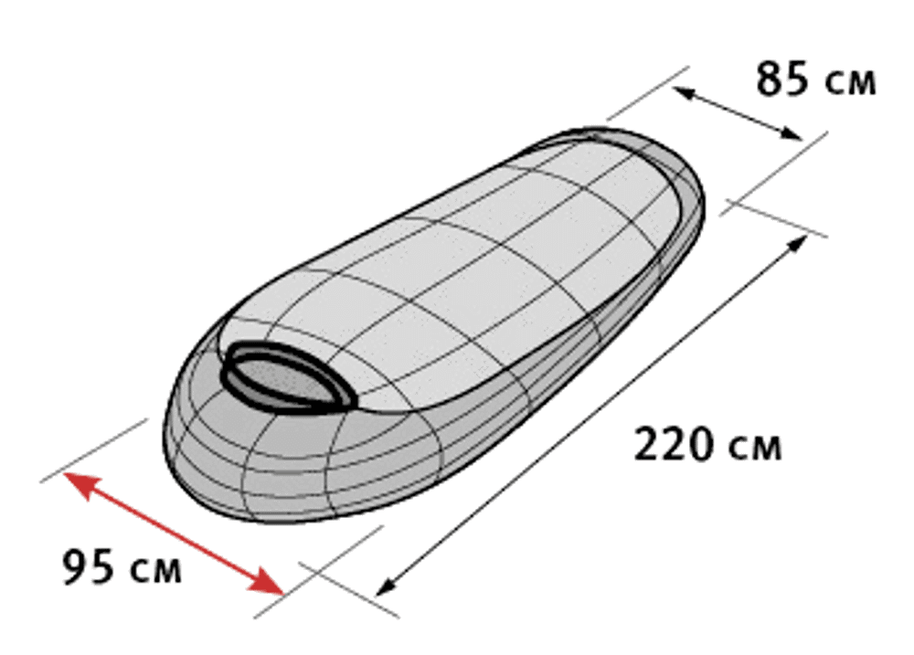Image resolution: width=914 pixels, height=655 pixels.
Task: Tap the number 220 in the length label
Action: pos(673,445)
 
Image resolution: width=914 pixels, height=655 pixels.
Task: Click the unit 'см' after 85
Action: pos(850,84)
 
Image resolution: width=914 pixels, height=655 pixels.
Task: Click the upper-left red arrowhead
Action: pos(80,485)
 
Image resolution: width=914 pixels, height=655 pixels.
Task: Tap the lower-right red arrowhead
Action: pos(266,581)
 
